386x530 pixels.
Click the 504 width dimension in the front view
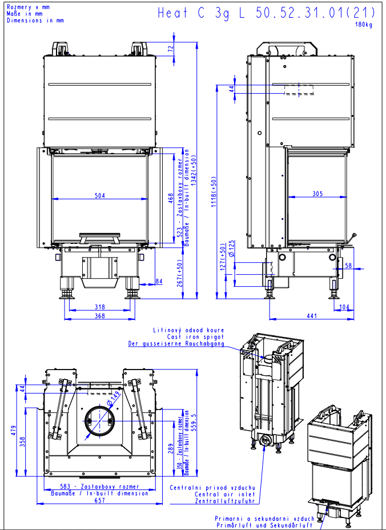[x=100, y=195]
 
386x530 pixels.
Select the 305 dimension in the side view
[x=317, y=194]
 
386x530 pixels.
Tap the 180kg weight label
[x=364, y=25]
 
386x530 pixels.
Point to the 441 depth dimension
[x=312, y=316]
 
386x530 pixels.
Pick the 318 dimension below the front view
[x=100, y=307]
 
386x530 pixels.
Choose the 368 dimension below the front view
[x=100, y=316]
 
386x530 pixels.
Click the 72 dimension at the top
[x=171, y=48]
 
